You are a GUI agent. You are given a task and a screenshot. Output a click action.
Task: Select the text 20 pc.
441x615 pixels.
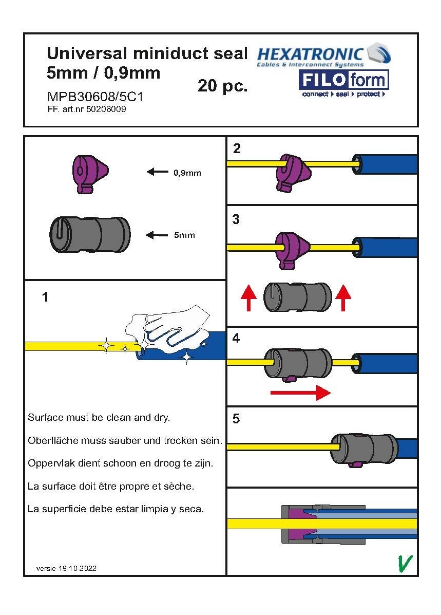pos(222,86)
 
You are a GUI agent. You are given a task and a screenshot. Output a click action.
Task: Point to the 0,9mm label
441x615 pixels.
pos(187,173)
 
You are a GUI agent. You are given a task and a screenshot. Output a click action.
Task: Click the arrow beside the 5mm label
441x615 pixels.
pos(157,235)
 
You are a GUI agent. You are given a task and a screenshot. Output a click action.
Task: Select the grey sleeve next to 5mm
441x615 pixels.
pos(89,234)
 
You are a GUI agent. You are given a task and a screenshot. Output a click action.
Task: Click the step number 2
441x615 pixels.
pos(237,149)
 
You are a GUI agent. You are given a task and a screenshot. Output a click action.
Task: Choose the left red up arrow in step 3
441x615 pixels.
pos(249,298)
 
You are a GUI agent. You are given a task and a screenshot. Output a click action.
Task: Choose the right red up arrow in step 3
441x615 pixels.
pos(343,298)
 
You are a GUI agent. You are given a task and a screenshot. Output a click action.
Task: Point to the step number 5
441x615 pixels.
pos(236,419)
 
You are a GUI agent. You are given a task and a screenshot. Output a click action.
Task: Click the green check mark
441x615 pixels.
pos(405,563)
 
